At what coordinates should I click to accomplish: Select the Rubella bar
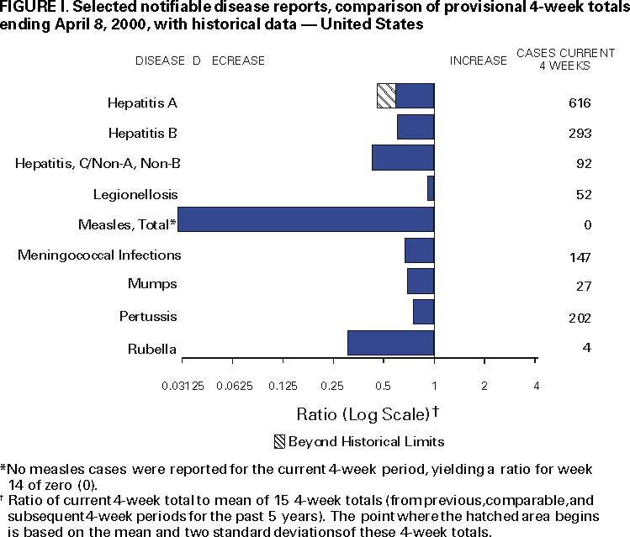[x=390, y=343]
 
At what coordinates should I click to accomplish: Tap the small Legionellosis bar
[x=431, y=188]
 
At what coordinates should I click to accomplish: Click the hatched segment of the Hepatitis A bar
[x=386, y=96]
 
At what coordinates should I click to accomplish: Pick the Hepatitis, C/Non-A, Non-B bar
[x=403, y=158]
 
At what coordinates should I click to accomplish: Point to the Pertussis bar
[x=423, y=312]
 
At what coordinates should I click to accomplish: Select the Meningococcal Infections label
[x=99, y=255]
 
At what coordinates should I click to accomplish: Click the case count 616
[x=580, y=103]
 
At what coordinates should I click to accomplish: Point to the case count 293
[x=580, y=134]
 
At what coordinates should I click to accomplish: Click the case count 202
[x=580, y=319]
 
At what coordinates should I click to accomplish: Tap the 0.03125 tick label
[x=183, y=386]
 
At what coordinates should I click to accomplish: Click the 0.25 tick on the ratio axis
[x=332, y=386]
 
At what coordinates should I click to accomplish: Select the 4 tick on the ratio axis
[x=536, y=386]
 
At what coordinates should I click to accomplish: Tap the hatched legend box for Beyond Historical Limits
[x=278, y=441]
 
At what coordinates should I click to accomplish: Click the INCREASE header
[x=478, y=61]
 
